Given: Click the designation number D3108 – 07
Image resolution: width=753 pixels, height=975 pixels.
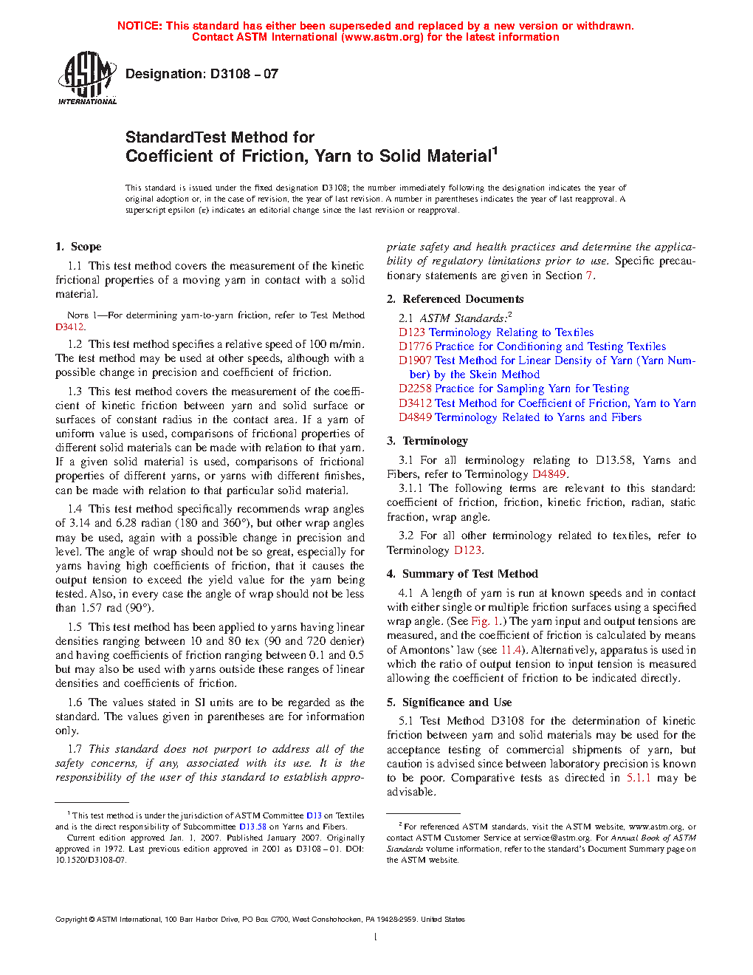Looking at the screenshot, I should (202, 74).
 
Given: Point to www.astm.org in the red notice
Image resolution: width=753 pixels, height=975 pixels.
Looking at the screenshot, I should (382, 37).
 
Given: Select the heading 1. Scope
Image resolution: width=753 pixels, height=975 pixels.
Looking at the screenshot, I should (78, 247).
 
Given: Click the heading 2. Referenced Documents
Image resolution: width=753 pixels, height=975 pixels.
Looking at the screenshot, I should (455, 299).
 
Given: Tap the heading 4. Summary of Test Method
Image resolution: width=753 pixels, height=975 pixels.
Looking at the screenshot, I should (462, 574).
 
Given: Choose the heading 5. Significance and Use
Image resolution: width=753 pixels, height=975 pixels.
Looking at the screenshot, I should (449, 702).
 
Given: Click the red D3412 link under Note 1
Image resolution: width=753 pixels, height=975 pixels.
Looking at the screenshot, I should (69, 326).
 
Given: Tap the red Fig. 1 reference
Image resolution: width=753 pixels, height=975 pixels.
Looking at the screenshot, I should (486, 621).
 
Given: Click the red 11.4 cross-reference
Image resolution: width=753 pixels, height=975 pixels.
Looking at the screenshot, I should (511, 650).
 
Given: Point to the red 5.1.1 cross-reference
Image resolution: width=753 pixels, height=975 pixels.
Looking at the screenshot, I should (639, 778).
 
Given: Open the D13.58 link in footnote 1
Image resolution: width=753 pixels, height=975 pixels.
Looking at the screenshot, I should (252, 827).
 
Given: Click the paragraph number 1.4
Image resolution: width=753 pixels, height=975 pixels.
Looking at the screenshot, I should (75, 509).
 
